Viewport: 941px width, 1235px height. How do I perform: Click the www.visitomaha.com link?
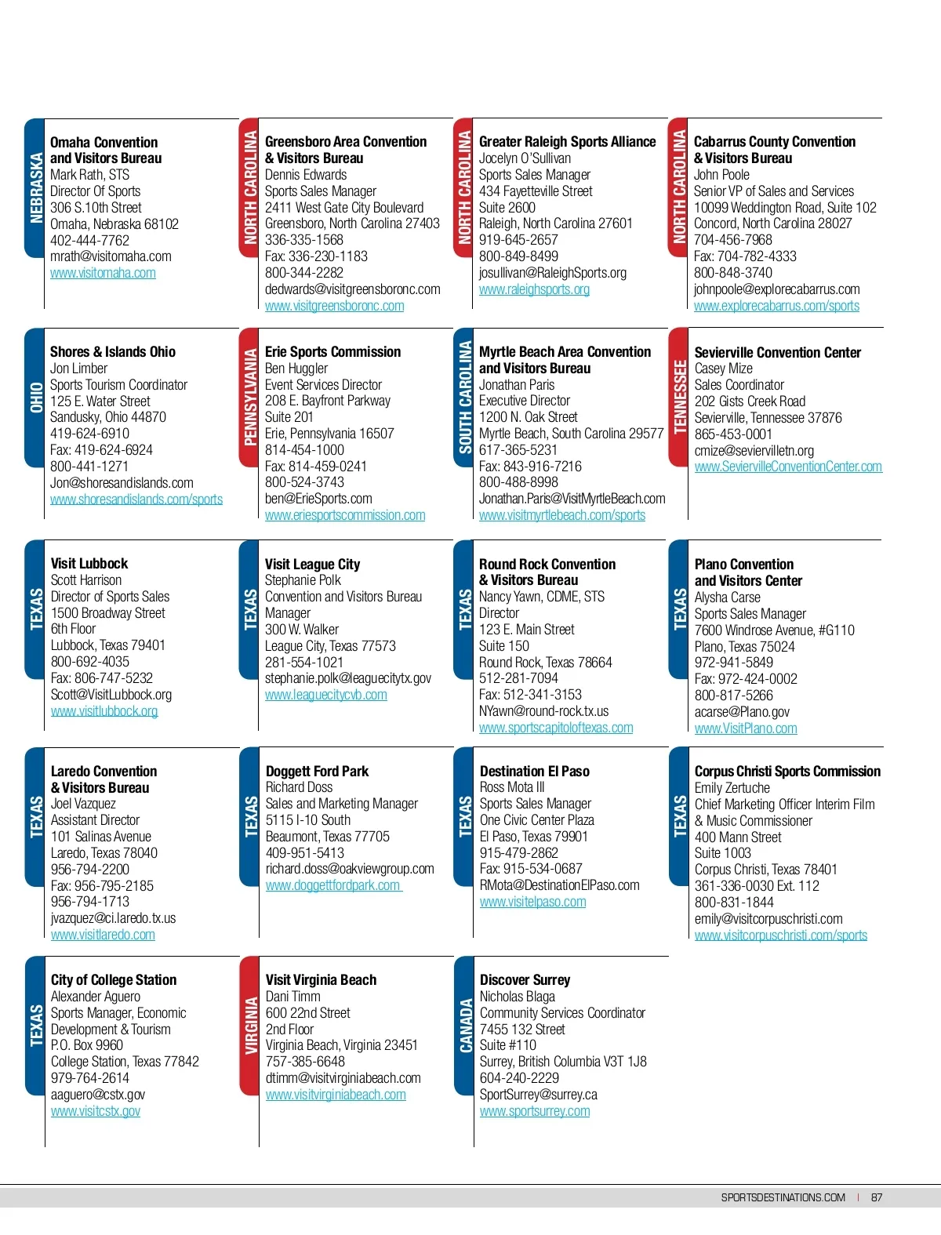click(x=103, y=273)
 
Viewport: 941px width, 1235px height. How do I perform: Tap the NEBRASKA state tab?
click(x=35, y=188)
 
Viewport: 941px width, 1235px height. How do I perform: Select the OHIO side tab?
click(x=35, y=398)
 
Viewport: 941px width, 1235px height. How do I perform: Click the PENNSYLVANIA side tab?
click(x=250, y=398)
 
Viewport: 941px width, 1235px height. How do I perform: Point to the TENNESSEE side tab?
click(x=679, y=398)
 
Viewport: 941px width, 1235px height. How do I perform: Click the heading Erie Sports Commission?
click(x=332, y=352)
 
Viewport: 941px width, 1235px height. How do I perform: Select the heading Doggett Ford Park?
click(x=317, y=772)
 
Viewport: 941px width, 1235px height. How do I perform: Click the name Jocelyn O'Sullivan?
click(x=525, y=158)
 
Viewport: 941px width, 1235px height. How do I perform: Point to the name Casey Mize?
click(x=723, y=369)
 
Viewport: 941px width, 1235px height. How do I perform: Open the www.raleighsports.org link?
click(x=534, y=289)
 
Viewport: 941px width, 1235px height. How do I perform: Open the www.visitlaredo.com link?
click(x=103, y=935)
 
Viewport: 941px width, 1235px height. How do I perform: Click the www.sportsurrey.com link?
click(x=535, y=1111)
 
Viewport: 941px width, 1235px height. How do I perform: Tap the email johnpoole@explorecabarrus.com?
click(x=776, y=289)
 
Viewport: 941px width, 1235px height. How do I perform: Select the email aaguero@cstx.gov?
click(x=98, y=1095)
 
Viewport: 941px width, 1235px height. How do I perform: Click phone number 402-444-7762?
click(x=89, y=240)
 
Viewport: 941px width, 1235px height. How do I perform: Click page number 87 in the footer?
click(x=877, y=1197)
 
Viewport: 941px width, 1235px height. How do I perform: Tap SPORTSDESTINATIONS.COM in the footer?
click(x=783, y=1197)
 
